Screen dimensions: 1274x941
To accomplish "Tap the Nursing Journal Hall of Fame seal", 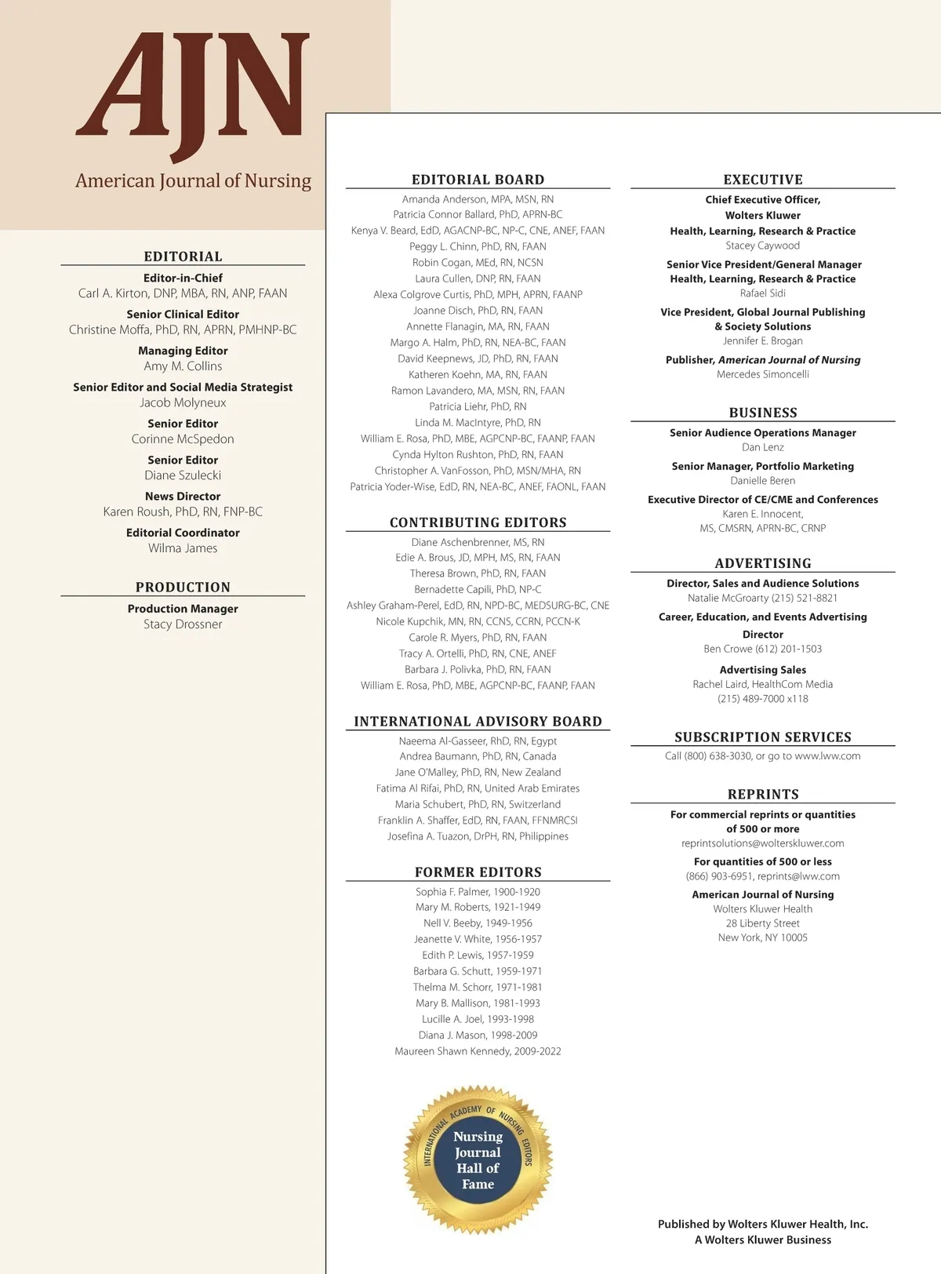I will [478, 1159].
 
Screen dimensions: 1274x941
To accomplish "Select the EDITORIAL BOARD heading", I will [478, 180].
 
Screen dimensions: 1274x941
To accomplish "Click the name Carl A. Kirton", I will [183, 293].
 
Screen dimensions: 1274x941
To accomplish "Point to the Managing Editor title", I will [183, 351].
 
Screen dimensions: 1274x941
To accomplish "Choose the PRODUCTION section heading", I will [183, 587].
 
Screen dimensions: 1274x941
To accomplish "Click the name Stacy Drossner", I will [183, 624].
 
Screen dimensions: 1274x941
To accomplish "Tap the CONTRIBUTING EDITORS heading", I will [478, 522].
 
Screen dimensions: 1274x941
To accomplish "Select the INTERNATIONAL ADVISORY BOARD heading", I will [478, 722].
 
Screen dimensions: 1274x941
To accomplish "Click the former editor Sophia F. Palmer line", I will [478, 892].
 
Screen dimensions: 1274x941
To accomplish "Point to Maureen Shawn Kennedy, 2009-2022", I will [478, 1051].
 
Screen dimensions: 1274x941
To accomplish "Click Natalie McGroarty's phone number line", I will [762, 598].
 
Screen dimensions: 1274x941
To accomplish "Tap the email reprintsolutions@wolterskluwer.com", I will [762, 843].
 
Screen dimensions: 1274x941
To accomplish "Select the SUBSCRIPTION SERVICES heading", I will [762, 737].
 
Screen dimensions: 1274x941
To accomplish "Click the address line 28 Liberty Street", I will [762, 923].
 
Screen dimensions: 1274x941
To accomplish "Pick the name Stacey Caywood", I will [762, 246].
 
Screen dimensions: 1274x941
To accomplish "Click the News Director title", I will [183, 497].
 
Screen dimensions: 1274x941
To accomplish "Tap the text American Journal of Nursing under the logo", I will [193, 181].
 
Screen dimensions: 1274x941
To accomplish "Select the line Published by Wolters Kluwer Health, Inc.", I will [762, 1224].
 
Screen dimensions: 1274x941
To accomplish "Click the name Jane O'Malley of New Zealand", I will [478, 773].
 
